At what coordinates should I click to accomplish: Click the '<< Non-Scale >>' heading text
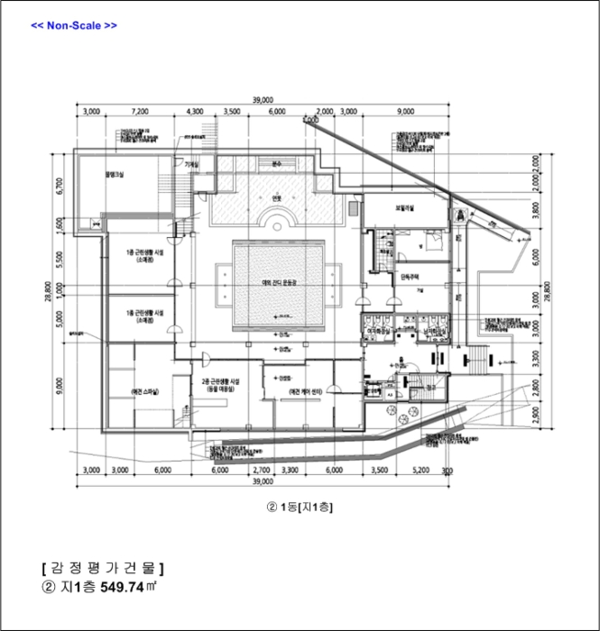click(74, 25)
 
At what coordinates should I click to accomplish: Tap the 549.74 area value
click(124, 588)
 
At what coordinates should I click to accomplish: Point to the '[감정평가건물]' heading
click(102, 568)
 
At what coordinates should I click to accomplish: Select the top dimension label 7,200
click(140, 111)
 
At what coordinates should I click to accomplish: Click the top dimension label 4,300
click(194, 111)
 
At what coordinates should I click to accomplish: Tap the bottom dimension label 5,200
click(420, 470)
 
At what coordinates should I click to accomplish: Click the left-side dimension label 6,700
click(59, 187)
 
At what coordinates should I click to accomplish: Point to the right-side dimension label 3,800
click(535, 213)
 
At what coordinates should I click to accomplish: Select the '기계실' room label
click(191, 165)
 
